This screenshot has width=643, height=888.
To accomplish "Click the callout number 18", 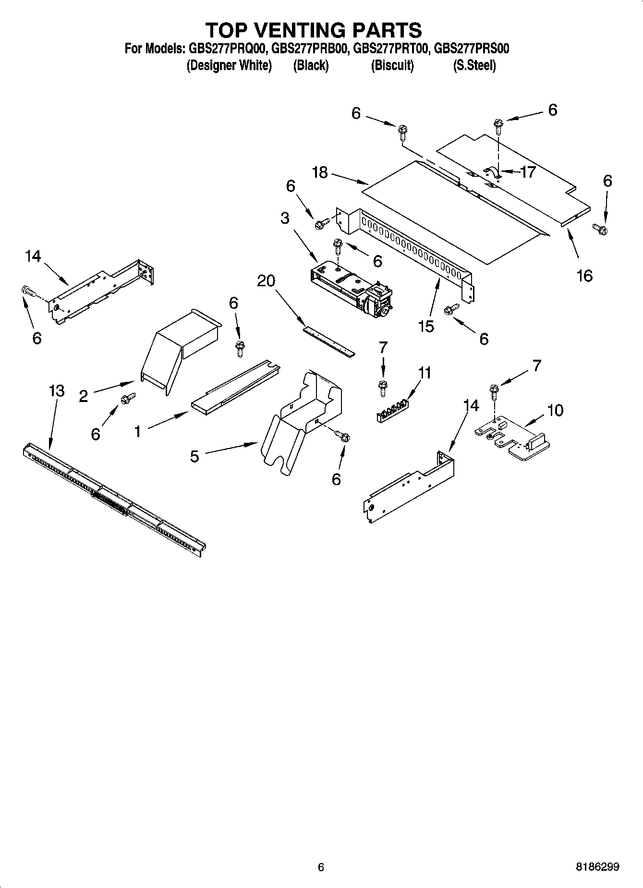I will [x=320, y=172].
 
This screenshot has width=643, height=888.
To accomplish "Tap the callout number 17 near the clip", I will [x=528, y=172].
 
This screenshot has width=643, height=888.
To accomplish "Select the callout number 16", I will [x=584, y=276].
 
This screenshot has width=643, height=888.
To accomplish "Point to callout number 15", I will [x=426, y=326].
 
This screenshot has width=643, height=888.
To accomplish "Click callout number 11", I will [x=425, y=373].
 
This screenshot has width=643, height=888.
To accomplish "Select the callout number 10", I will [x=555, y=410].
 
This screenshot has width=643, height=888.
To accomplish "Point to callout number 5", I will [x=194, y=456].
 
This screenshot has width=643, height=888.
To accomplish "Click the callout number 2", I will [x=84, y=396].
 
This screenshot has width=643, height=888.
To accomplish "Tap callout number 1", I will [x=138, y=432].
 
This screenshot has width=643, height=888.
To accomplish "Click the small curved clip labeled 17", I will [x=492, y=172].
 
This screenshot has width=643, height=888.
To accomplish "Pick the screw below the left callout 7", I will [x=383, y=387].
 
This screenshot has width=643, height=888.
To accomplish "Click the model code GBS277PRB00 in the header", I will [x=309, y=49].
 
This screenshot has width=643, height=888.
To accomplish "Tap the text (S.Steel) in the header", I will [x=474, y=65].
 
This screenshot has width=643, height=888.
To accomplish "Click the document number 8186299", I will [x=597, y=867].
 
